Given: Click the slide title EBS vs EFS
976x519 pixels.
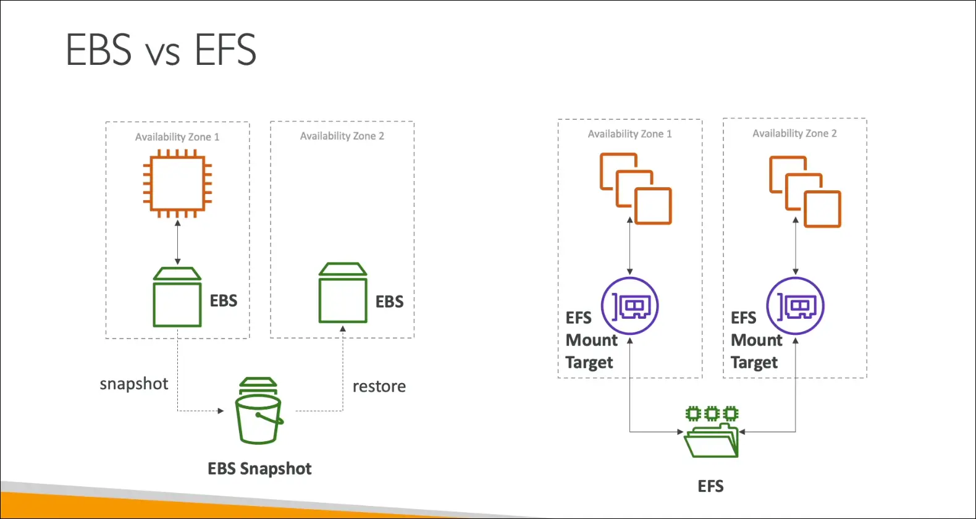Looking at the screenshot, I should [161, 49].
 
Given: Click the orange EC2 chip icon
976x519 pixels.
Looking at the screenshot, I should [177, 184].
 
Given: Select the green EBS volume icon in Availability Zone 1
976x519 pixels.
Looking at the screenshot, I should [177, 297].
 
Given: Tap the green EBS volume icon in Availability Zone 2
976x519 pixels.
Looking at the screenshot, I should [343, 293].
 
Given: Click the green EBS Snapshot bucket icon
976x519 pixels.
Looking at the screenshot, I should [259, 411].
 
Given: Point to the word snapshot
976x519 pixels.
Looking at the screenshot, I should [134, 384].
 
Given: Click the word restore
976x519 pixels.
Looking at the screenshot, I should [379, 387].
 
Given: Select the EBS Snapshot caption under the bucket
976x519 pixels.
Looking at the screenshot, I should [259, 469].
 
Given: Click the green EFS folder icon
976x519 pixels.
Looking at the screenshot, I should [712, 432].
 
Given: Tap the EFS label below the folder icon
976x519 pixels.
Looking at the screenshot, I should [710, 486].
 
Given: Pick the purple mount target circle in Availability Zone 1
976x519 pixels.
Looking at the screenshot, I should [630, 306].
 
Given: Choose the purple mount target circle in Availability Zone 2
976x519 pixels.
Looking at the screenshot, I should [796, 306].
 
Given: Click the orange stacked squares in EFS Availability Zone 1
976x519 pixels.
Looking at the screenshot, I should [636, 189].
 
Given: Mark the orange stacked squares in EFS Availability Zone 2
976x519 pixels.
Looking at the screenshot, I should [805, 192].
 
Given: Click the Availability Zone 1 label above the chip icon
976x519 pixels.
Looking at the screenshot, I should [177, 137].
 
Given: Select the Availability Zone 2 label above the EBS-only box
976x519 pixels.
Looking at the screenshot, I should [342, 136].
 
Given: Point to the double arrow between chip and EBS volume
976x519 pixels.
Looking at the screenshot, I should [178, 243].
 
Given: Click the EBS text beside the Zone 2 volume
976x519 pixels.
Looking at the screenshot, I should [389, 302].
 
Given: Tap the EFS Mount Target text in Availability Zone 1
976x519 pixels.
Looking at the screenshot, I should [591, 340].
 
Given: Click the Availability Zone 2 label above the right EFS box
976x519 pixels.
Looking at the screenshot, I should [794, 133].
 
